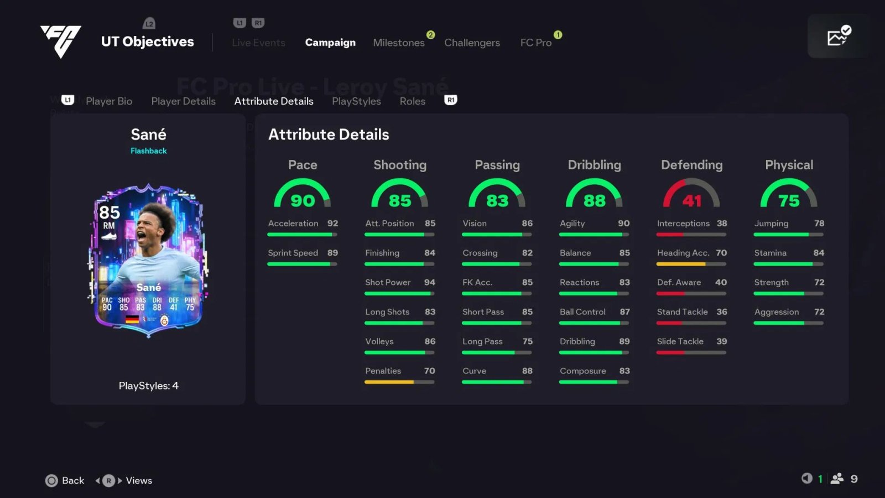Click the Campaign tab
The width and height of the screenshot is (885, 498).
[x=330, y=43]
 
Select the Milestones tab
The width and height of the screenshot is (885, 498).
[x=398, y=43]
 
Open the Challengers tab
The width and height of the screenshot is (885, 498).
[x=472, y=43]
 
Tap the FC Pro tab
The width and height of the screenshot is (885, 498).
[x=535, y=43]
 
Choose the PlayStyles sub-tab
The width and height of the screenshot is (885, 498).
[x=356, y=101]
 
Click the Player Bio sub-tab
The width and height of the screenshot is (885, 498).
[x=109, y=101]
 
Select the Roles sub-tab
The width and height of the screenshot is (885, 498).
[x=413, y=101]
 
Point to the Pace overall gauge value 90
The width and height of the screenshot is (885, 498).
[x=303, y=200]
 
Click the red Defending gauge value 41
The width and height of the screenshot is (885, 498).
[x=691, y=200]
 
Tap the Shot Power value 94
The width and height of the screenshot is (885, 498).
[x=430, y=282]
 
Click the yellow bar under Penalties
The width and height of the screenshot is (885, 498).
[x=389, y=382]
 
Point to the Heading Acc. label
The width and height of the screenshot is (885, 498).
[x=683, y=253]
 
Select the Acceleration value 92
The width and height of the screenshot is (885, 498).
[x=332, y=224]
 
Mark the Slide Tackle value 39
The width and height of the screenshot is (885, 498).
[x=722, y=341]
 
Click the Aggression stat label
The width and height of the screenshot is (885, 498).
[x=777, y=312]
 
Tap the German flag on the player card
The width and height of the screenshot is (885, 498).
[x=132, y=319]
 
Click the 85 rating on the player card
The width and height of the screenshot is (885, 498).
[x=110, y=212]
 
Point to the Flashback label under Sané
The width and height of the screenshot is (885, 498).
[x=148, y=151]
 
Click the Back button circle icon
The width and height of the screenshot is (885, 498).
[x=51, y=480]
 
